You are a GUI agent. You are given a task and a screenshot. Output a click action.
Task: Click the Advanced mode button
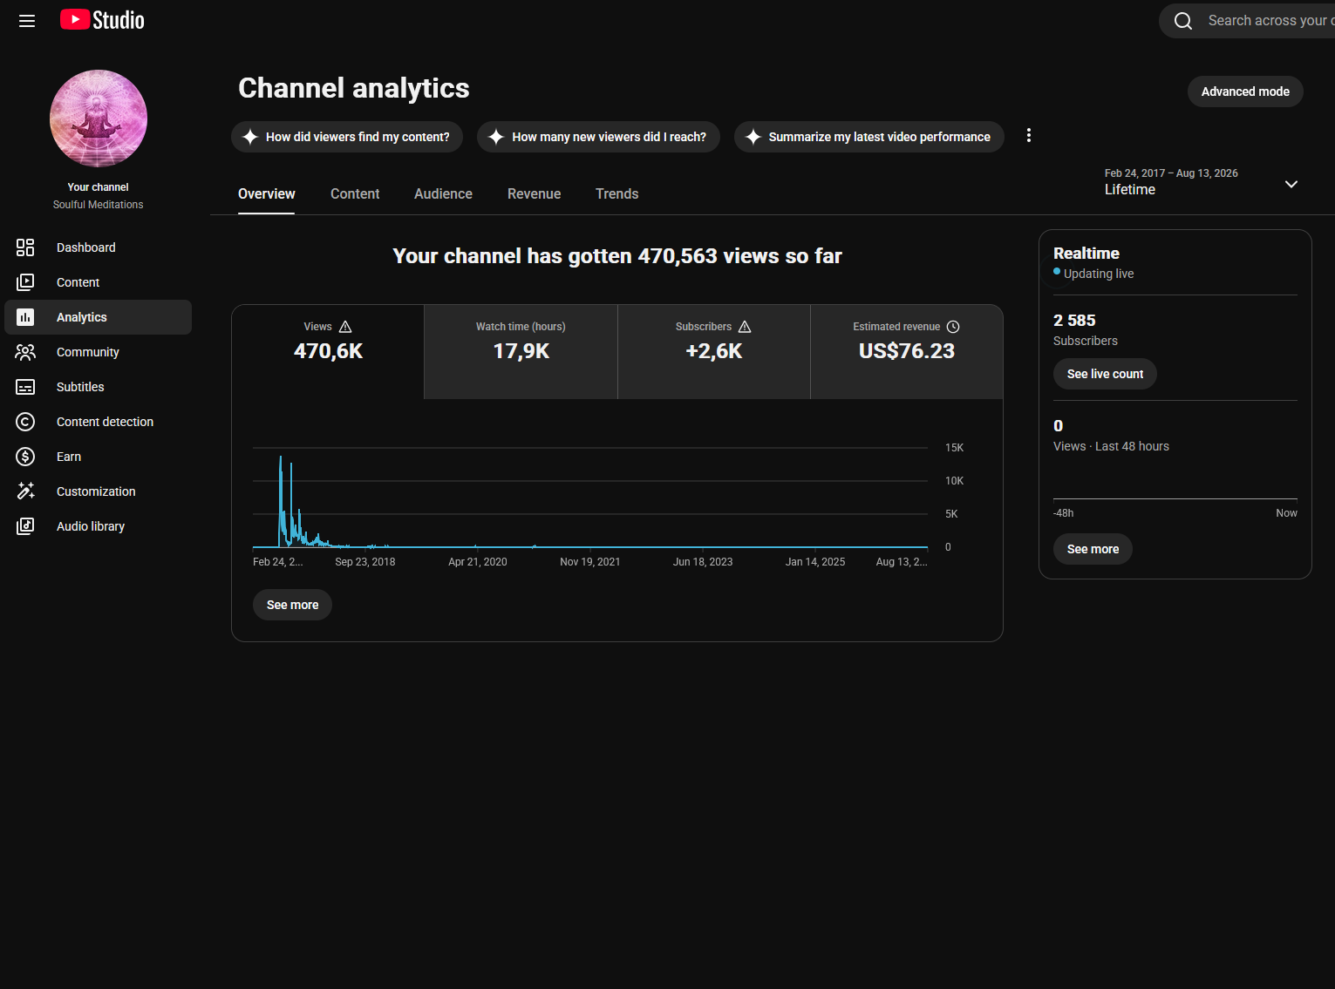[1244, 91]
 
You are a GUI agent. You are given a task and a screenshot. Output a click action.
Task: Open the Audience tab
[443, 193]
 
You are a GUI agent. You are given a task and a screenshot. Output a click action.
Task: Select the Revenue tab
[534, 193]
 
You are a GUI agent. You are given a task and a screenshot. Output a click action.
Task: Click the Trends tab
[617, 193]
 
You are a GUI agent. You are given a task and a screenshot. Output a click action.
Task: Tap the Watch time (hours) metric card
[521, 351]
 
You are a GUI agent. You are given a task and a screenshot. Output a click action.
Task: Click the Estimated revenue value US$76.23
[907, 350]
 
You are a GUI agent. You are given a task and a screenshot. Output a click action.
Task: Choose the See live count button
[1105, 374]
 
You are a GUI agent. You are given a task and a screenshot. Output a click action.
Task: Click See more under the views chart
[292, 605]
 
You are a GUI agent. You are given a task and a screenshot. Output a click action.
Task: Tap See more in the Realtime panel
[1093, 549]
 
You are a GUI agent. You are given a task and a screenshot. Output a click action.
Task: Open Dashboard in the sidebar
[86, 247]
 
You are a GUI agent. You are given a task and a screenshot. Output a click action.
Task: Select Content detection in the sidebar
[105, 422]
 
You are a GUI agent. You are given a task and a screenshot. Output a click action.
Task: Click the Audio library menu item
[91, 526]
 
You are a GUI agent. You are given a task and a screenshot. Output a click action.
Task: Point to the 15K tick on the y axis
[954, 448]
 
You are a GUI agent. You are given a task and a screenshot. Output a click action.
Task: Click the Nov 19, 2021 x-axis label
[589, 562]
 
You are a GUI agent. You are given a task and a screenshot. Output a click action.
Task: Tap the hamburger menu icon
[27, 21]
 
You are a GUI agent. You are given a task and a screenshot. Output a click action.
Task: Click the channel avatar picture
[99, 119]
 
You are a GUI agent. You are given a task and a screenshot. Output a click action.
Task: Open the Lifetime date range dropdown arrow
[1291, 184]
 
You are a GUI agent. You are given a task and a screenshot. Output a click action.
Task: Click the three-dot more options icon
[1029, 135]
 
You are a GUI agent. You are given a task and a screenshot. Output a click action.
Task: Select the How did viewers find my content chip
[347, 137]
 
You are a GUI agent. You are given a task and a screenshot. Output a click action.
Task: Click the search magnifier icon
[1183, 21]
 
